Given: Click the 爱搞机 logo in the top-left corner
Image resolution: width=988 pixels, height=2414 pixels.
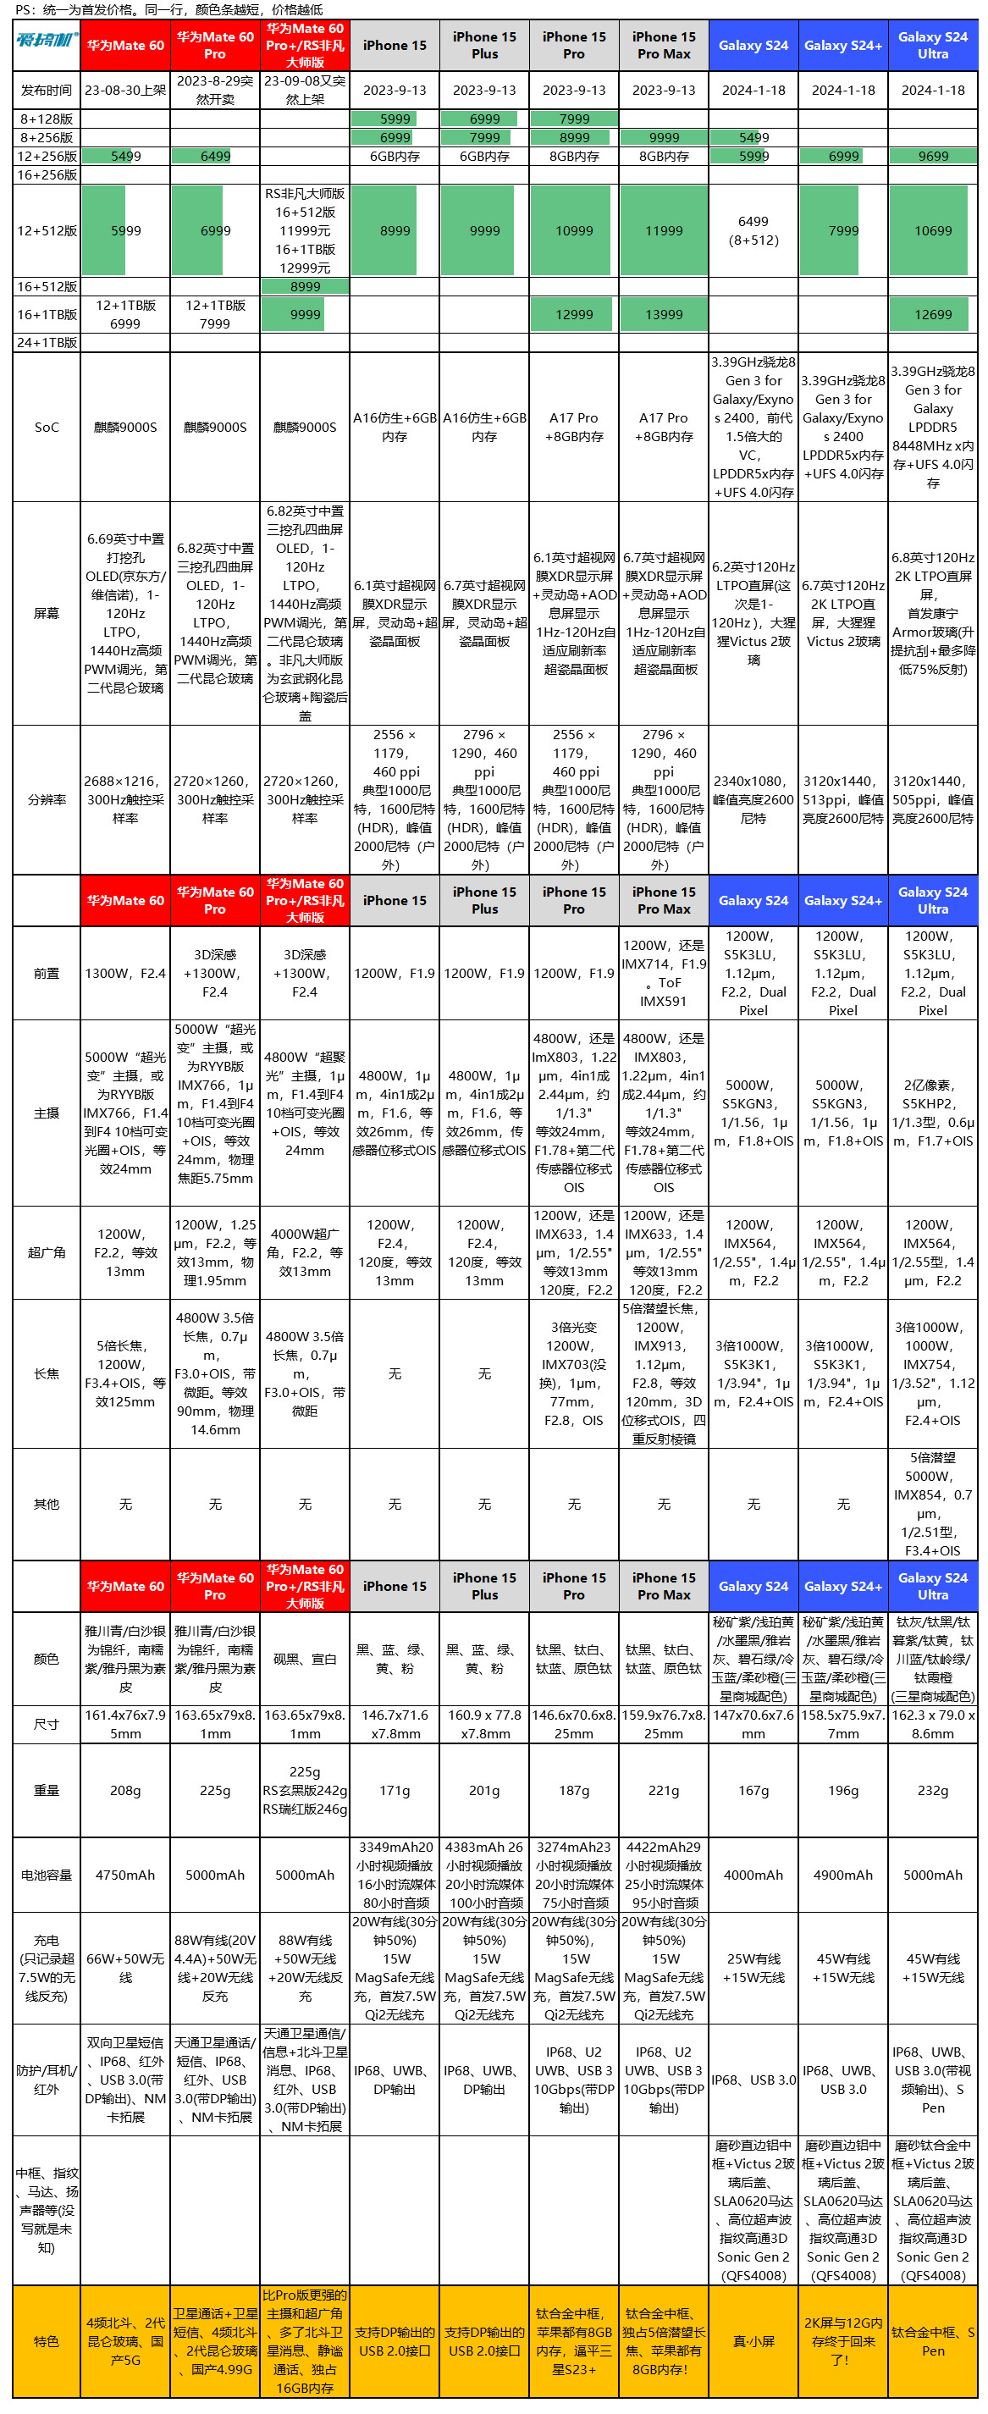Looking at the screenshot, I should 46,44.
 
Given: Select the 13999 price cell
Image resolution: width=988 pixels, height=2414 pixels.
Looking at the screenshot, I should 664,315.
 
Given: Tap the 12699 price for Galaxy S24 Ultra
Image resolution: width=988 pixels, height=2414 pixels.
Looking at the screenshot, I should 933,315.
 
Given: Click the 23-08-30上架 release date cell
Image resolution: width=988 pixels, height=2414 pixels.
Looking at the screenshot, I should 125,90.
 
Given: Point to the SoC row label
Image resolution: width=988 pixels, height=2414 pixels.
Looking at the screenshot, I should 46,428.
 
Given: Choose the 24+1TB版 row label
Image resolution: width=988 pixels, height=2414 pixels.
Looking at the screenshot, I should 46,343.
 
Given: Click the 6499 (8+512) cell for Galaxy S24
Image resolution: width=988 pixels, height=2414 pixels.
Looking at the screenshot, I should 753,230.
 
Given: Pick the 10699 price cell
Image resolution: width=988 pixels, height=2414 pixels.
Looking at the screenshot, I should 933,230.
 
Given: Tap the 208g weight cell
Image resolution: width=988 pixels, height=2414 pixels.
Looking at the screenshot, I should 125,1790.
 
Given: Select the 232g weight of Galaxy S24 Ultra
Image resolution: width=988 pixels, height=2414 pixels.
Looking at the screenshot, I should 933,1790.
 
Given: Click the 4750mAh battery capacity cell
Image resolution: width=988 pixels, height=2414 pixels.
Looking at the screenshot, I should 125,1875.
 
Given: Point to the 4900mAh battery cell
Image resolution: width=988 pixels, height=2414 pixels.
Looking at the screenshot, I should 842,1875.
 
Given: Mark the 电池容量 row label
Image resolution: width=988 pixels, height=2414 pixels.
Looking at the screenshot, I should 46,1875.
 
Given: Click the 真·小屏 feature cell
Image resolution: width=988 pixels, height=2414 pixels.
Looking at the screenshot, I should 753,2341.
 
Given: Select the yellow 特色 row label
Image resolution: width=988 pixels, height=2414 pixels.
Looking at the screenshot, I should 46,2341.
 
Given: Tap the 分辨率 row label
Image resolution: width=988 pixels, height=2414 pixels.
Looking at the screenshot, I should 46,799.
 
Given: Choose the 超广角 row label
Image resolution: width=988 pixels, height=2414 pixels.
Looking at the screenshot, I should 46,1252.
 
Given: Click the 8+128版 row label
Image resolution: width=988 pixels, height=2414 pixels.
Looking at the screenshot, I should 46,119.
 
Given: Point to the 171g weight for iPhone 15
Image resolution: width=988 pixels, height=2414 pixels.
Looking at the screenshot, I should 395,1790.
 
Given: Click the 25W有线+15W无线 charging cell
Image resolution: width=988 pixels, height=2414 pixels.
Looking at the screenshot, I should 753,1968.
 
